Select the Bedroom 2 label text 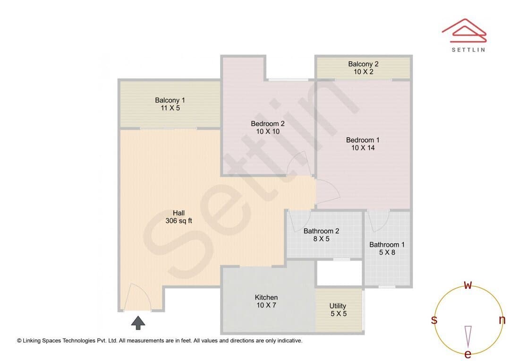coord(268,124)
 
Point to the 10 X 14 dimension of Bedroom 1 coord(363,148)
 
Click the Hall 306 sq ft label coord(178,217)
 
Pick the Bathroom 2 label coord(322,231)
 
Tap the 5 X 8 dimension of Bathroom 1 coord(387,252)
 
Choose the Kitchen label coord(266,298)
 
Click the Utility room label coord(338,306)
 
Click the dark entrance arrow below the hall coord(138,323)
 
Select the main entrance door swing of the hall coord(137,297)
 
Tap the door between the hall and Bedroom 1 coord(328,191)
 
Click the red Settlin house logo coord(464,31)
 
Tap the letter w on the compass coord(467,285)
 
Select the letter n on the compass coord(502,320)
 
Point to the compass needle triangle coord(468,336)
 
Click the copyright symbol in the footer coord(19,341)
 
